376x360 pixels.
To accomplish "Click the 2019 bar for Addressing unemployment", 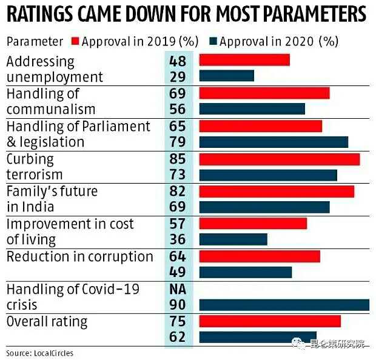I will tap(244, 61).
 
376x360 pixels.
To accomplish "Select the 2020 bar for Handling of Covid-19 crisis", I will tap(284, 305).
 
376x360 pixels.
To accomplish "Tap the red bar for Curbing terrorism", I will tap(279, 159).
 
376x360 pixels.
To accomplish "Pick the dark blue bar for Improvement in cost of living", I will tap(233, 239).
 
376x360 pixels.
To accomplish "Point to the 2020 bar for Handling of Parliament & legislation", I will tap(274, 142).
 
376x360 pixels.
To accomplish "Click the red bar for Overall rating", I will tap(270, 321).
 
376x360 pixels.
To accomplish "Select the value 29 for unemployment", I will tap(178, 77).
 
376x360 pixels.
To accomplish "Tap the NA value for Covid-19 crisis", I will tap(178, 289).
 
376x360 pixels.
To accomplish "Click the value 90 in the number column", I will tap(178, 305).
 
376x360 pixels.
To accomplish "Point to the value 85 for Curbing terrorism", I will tap(178, 159).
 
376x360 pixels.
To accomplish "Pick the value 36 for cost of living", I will tap(178, 239).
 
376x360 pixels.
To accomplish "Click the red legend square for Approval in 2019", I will tap(75, 41).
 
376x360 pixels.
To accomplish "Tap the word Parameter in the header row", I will tap(35, 41).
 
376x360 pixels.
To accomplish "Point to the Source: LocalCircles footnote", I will tap(43, 353).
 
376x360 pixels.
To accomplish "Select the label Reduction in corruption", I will tap(79, 256).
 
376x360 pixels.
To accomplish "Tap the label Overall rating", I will tap(47, 321).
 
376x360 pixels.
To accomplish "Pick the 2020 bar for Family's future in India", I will tap(264, 207).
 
